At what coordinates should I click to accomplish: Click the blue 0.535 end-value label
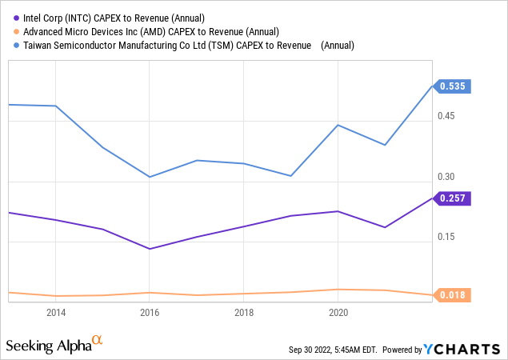coord(453,86)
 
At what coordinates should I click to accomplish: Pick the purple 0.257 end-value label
coord(453,198)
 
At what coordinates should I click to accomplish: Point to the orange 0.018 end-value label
coord(453,295)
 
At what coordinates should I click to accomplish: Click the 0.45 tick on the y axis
coord(446,116)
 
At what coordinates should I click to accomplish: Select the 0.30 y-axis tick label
coord(446,177)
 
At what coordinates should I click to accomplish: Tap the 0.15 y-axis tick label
coord(446,237)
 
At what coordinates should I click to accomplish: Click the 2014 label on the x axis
coord(56,313)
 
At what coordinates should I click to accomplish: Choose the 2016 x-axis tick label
coord(150,313)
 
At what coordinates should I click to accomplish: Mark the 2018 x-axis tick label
coord(243,313)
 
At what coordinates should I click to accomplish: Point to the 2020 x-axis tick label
coord(337,313)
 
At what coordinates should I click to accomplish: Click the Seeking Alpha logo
coord(54,345)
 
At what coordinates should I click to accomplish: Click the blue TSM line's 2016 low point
coord(150,177)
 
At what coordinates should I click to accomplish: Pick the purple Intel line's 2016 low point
coord(150,249)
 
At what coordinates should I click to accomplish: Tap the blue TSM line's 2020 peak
coord(338,125)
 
